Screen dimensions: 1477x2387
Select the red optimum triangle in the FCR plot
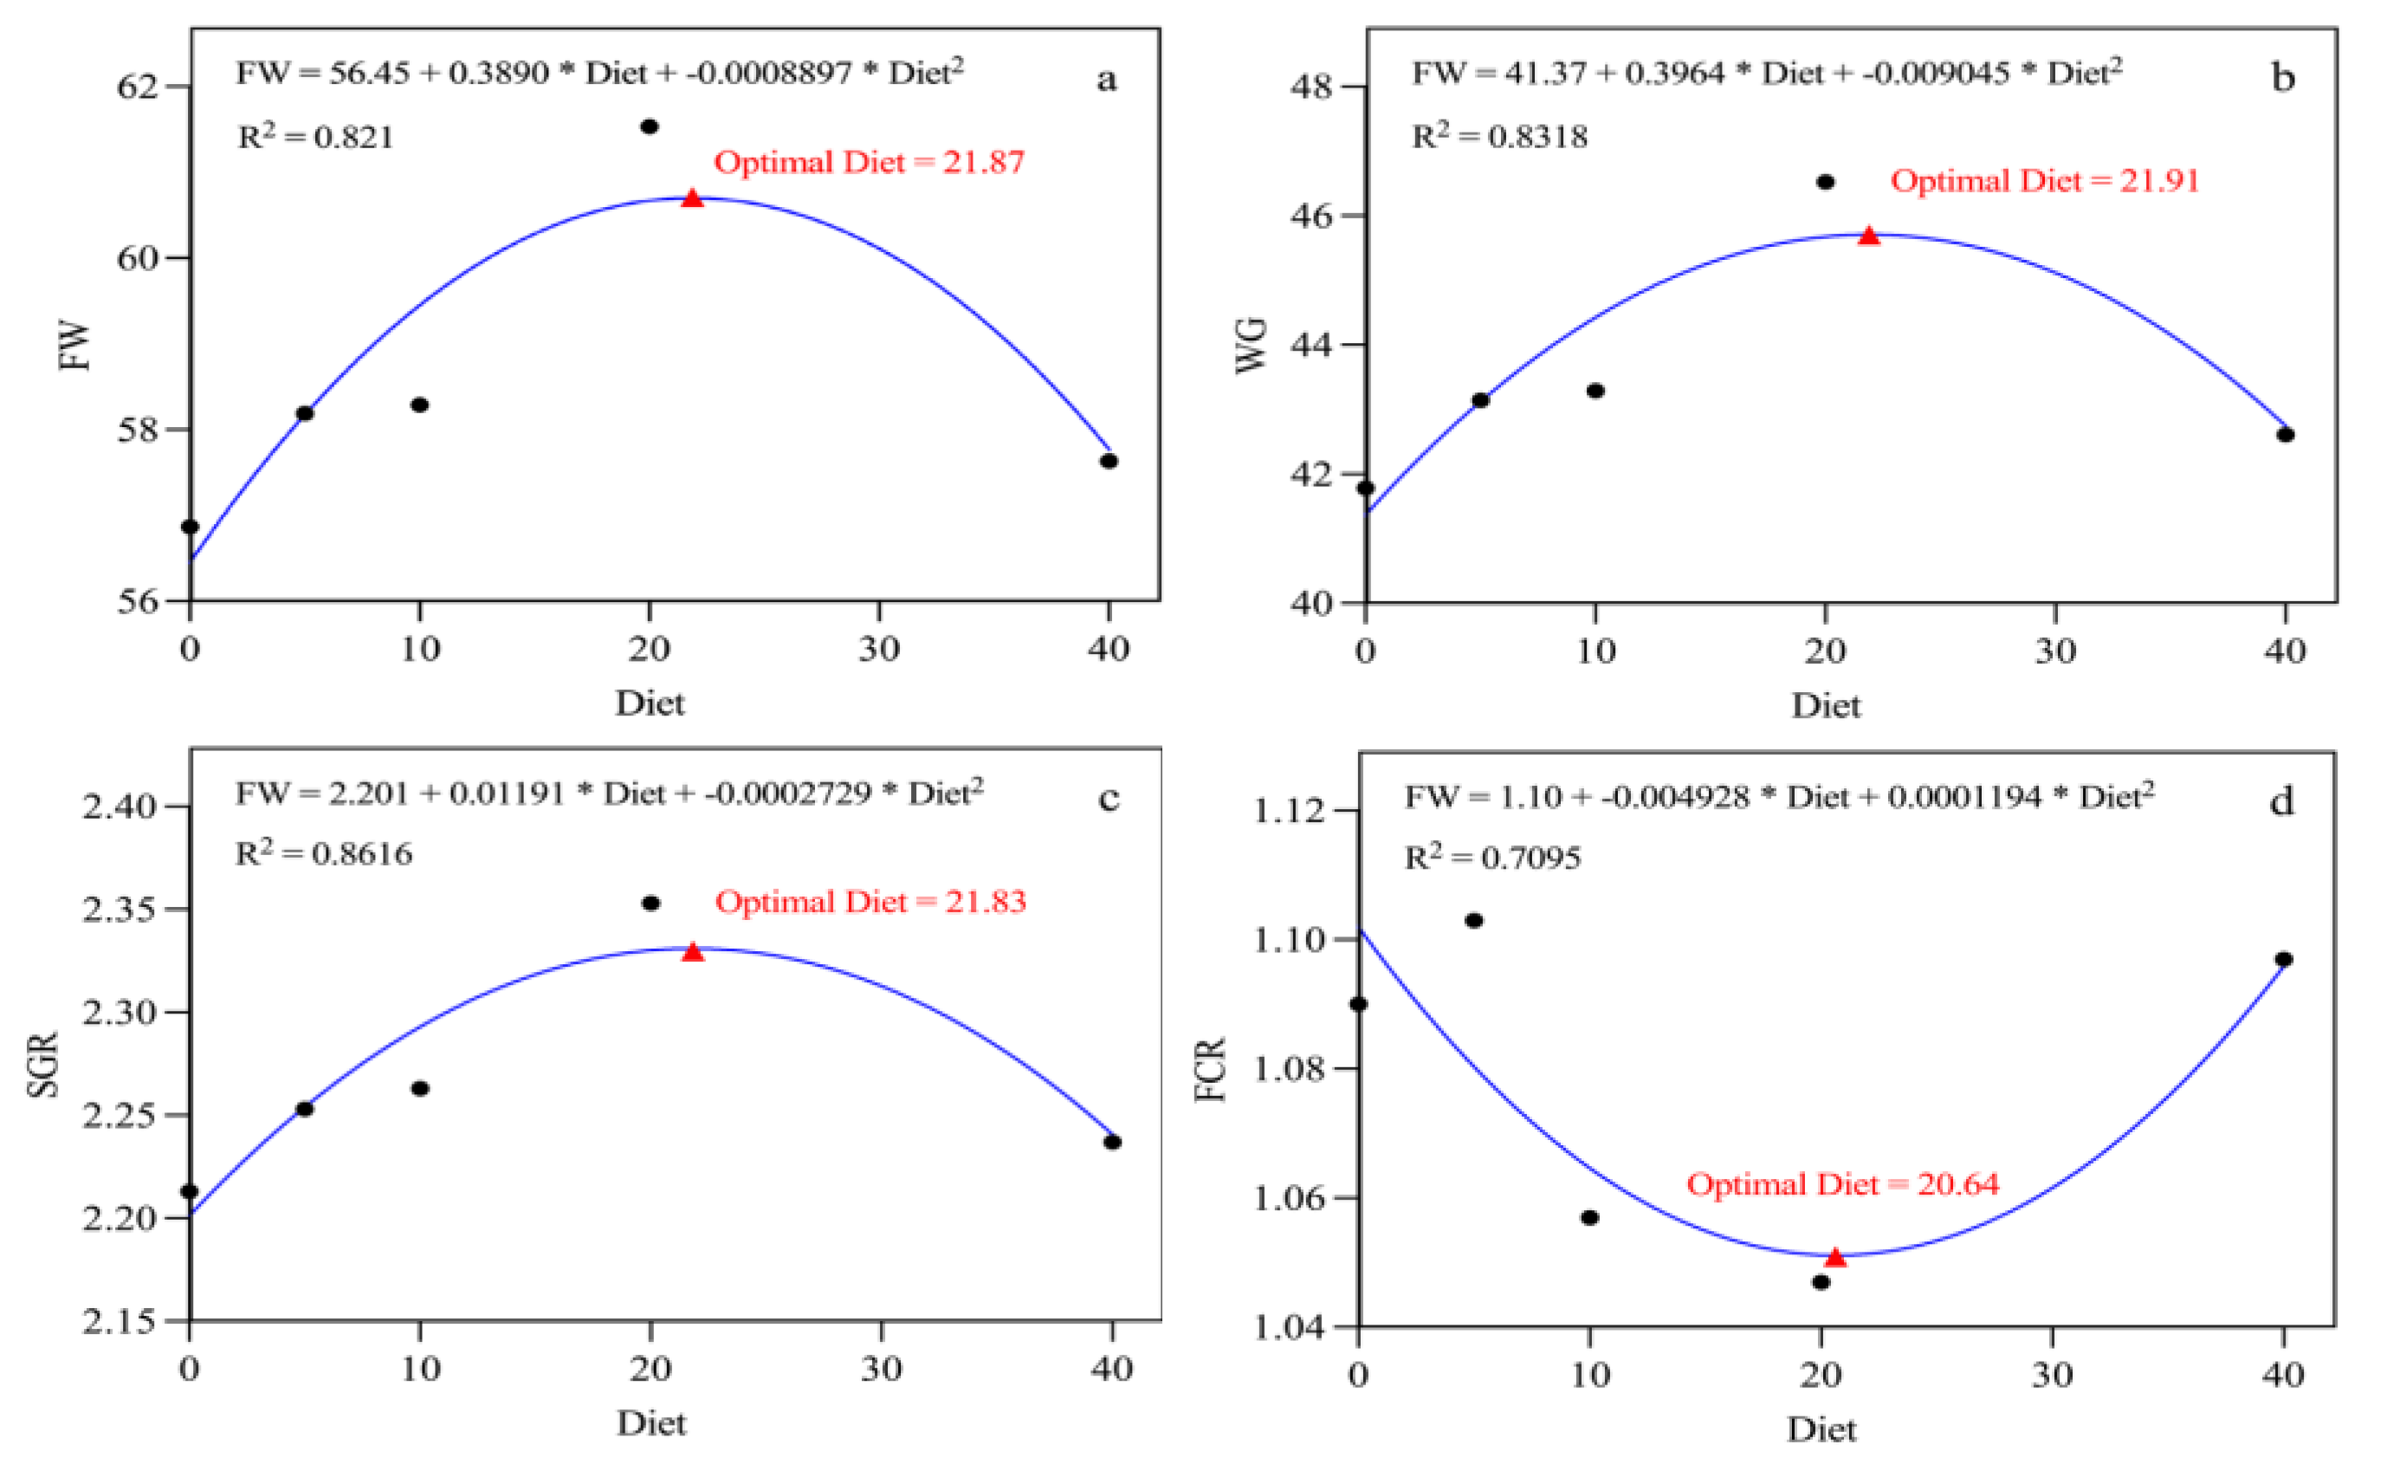point(1835,1257)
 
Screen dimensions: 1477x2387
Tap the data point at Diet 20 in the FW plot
point(650,126)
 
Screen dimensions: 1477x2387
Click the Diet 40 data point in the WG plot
point(2286,435)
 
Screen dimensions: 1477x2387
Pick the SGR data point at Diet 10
point(420,1088)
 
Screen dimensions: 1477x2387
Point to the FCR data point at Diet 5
point(1474,920)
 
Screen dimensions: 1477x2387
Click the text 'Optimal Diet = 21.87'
point(870,162)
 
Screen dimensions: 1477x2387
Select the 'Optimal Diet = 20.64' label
point(1842,1184)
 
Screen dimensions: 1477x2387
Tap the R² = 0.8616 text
point(324,854)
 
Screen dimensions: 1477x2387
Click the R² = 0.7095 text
point(1491,858)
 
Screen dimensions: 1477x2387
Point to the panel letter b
point(2282,77)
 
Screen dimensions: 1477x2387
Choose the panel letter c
point(1109,799)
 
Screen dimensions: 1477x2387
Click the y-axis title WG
point(1252,345)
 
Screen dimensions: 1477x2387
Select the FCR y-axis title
point(1210,1071)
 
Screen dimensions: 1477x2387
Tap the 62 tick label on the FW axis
point(137,86)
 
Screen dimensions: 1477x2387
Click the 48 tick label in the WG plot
point(1310,86)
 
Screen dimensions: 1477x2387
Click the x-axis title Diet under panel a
point(650,703)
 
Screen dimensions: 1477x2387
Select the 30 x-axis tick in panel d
point(2052,1376)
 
